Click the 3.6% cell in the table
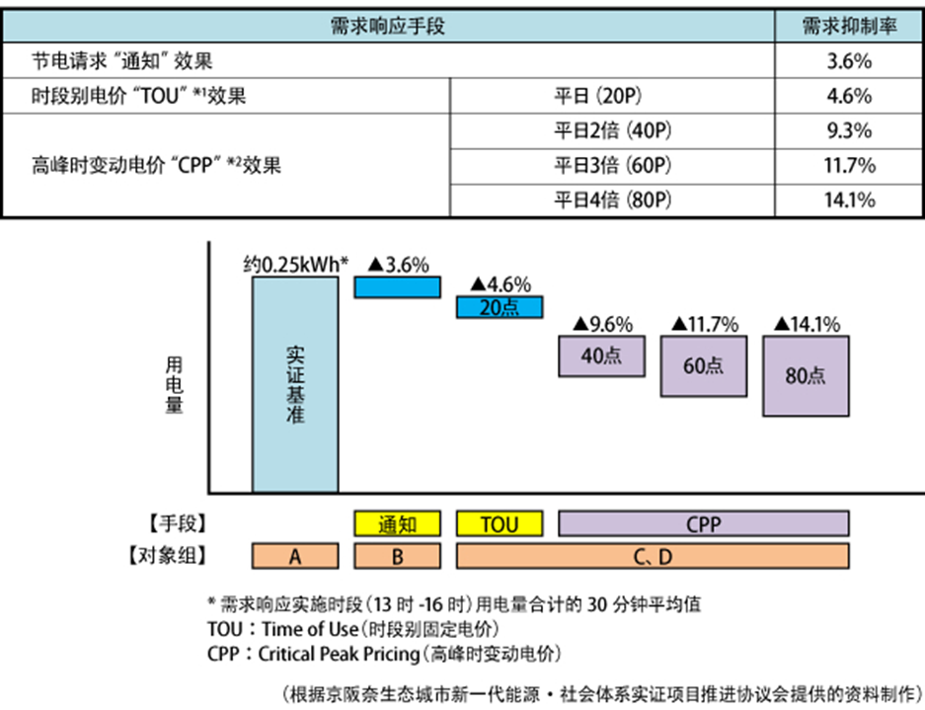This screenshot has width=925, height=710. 848,61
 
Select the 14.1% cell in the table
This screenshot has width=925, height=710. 848,199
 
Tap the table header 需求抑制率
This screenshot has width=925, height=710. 848,27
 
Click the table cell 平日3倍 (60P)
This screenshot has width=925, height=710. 612,165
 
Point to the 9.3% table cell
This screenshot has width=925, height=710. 848,130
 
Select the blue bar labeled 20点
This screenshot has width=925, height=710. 500,306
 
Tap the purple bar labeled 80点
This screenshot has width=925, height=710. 806,375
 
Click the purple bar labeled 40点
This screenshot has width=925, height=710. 601,356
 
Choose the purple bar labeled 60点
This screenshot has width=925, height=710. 703,365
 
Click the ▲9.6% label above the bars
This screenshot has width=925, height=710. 601,324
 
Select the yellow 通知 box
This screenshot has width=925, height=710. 397,523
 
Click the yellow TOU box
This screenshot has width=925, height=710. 500,523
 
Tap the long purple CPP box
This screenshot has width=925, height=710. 703,523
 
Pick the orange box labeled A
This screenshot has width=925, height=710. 295,556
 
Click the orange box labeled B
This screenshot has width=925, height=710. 397,556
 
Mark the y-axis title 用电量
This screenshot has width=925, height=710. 175,384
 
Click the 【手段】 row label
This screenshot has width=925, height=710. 167,523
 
